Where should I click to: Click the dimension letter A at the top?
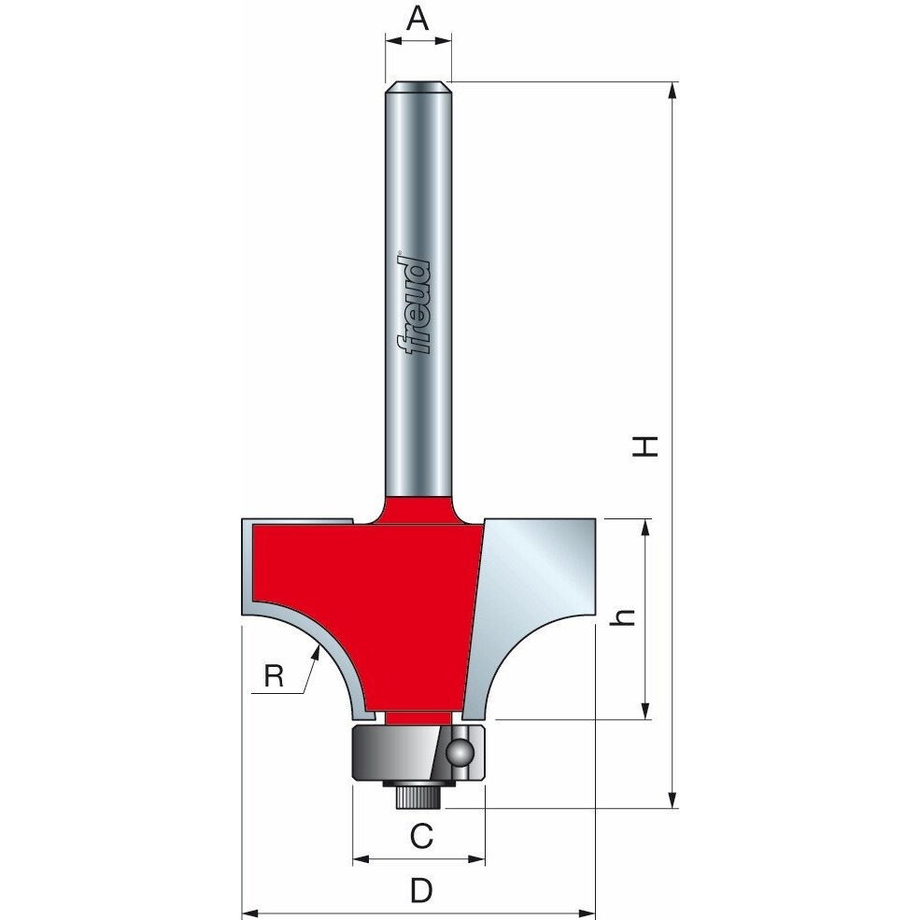tap(418, 18)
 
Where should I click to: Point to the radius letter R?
tap(274, 676)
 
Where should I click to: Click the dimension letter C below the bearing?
tap(421, 836)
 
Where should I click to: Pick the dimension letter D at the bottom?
tap(421, 891)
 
